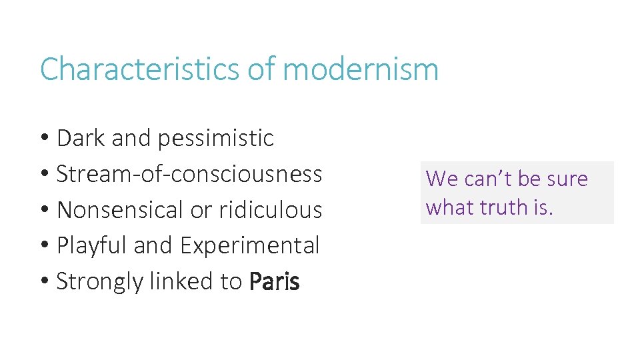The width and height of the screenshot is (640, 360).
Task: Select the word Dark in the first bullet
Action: (81, 138)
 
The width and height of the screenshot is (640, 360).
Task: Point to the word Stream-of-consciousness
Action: (189, 174)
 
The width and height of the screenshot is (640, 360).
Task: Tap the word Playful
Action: (92, 246)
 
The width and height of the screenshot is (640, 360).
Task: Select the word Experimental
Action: (250, 246)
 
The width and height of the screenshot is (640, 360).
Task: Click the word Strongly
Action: (100, 282)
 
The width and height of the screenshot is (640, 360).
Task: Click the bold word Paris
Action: (274, 282)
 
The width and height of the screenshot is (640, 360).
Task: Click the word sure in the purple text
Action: (567, 179)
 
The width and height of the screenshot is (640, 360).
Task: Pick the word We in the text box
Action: (441, 179)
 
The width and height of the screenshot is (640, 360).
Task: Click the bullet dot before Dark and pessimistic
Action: (45, 139)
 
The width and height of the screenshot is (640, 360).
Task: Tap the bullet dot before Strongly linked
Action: (45, 282)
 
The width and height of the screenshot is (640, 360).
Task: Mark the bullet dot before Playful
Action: (45, 246)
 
